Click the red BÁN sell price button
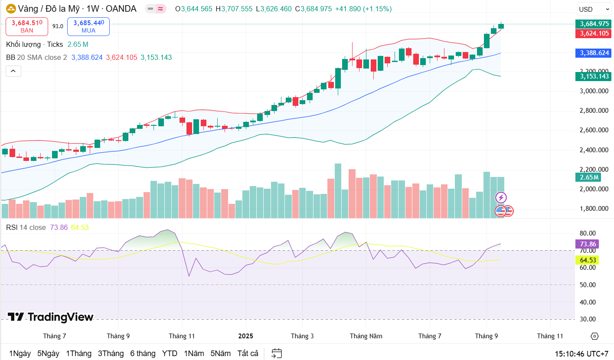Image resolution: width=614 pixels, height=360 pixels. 26,26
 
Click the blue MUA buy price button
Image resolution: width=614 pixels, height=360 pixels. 88,26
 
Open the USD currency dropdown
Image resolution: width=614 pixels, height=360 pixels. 594,9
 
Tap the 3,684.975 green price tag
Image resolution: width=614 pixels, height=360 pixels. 592,24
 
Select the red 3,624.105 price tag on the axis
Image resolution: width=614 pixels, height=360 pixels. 592,33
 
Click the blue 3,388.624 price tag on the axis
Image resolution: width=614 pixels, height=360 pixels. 592,53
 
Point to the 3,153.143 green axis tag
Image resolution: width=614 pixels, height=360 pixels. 592,76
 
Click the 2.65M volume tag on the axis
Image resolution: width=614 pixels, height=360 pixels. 588,177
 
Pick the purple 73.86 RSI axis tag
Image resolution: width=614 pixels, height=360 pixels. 588,244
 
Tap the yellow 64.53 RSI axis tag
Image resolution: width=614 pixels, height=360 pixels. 588,260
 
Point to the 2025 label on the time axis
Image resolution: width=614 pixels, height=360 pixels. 246,336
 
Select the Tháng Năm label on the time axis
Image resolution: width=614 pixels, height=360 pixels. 366,336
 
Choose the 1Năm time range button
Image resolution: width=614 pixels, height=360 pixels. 194,353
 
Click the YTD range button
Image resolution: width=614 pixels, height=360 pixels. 170,353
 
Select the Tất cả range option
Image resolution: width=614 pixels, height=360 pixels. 248,353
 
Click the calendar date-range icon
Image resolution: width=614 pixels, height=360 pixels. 277,353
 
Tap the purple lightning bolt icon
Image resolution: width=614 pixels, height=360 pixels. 501,198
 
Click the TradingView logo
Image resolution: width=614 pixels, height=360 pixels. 51,317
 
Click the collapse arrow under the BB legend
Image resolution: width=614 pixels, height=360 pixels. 13,71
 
